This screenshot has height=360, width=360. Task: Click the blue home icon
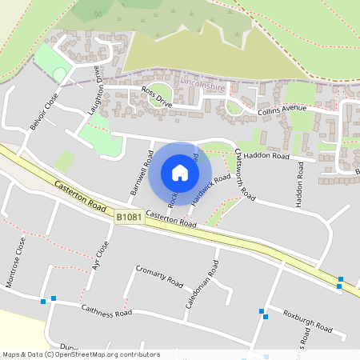click(x=180, y=172)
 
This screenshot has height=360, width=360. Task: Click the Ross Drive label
click(x=156, y=97)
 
